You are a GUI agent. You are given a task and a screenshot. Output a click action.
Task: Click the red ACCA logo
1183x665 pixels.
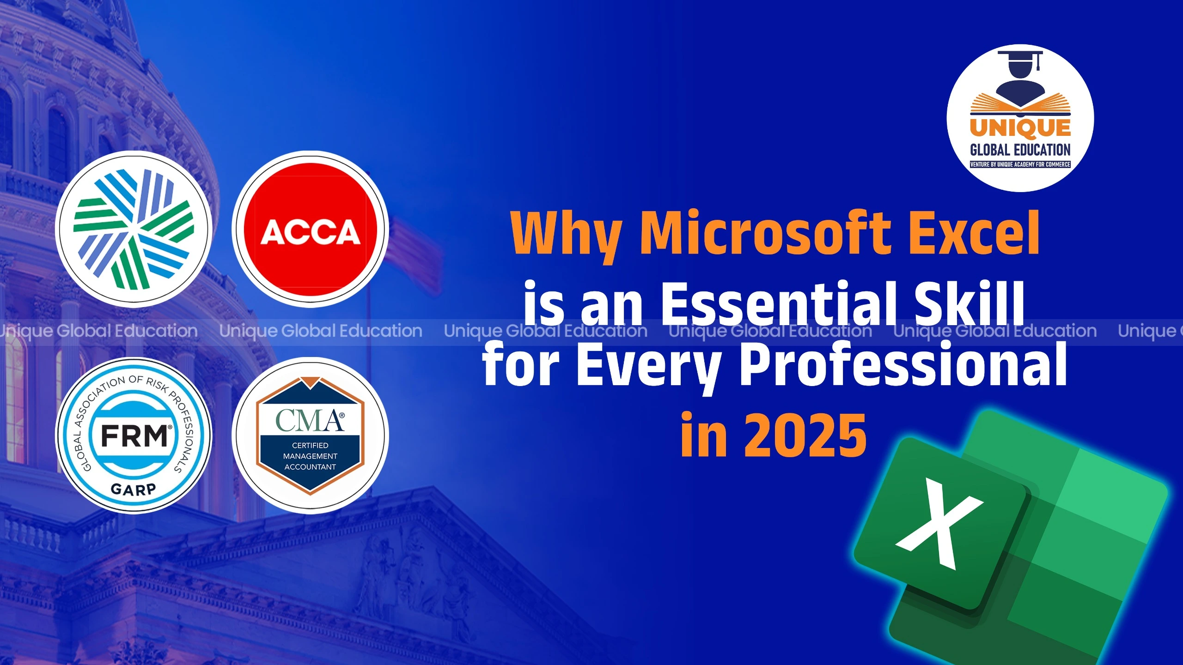310,230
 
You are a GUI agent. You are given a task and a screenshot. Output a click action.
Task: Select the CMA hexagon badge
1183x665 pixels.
310,435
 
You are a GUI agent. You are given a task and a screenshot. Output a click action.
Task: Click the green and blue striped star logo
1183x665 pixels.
134,230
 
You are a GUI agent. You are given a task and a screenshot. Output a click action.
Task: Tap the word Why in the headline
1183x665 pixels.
566,233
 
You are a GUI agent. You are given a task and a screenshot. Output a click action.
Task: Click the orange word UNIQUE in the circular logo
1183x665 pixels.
1020,128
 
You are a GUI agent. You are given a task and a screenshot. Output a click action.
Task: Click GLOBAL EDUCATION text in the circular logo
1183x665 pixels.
1020,150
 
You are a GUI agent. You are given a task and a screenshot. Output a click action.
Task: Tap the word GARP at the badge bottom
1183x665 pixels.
134,489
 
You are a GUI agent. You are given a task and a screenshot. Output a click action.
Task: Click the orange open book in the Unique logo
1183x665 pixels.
1020,105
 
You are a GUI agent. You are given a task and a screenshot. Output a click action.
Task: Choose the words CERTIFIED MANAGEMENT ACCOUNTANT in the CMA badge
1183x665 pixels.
310,456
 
